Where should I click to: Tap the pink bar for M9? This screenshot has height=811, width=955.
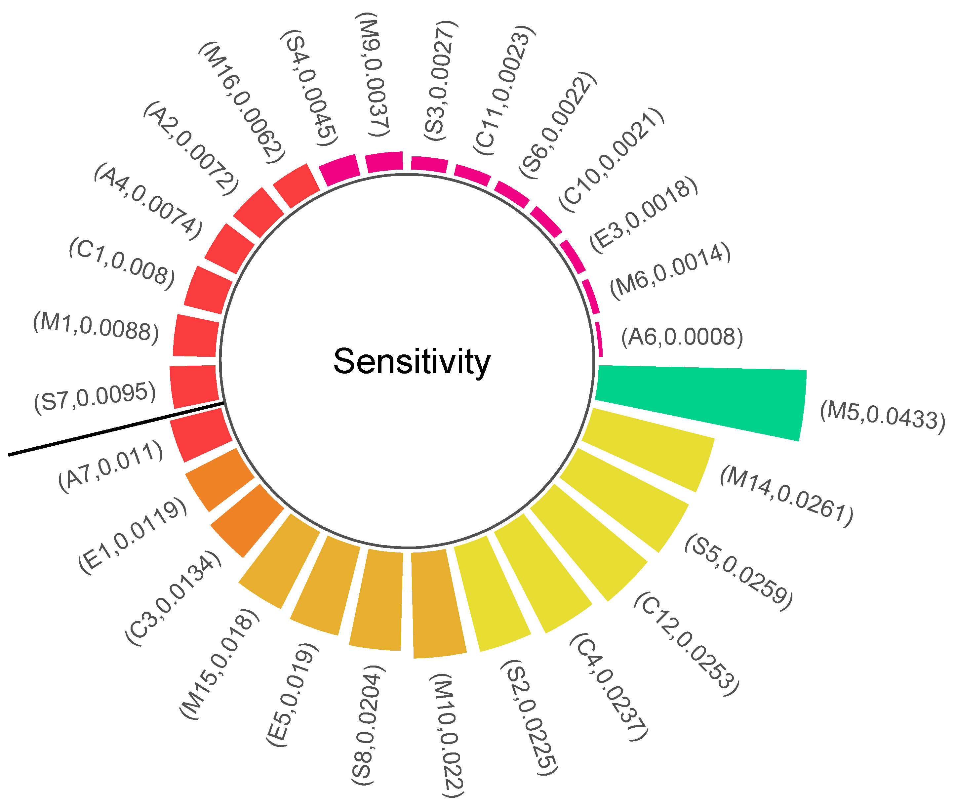point(384,162)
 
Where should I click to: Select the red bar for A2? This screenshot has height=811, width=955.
point(258,212)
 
